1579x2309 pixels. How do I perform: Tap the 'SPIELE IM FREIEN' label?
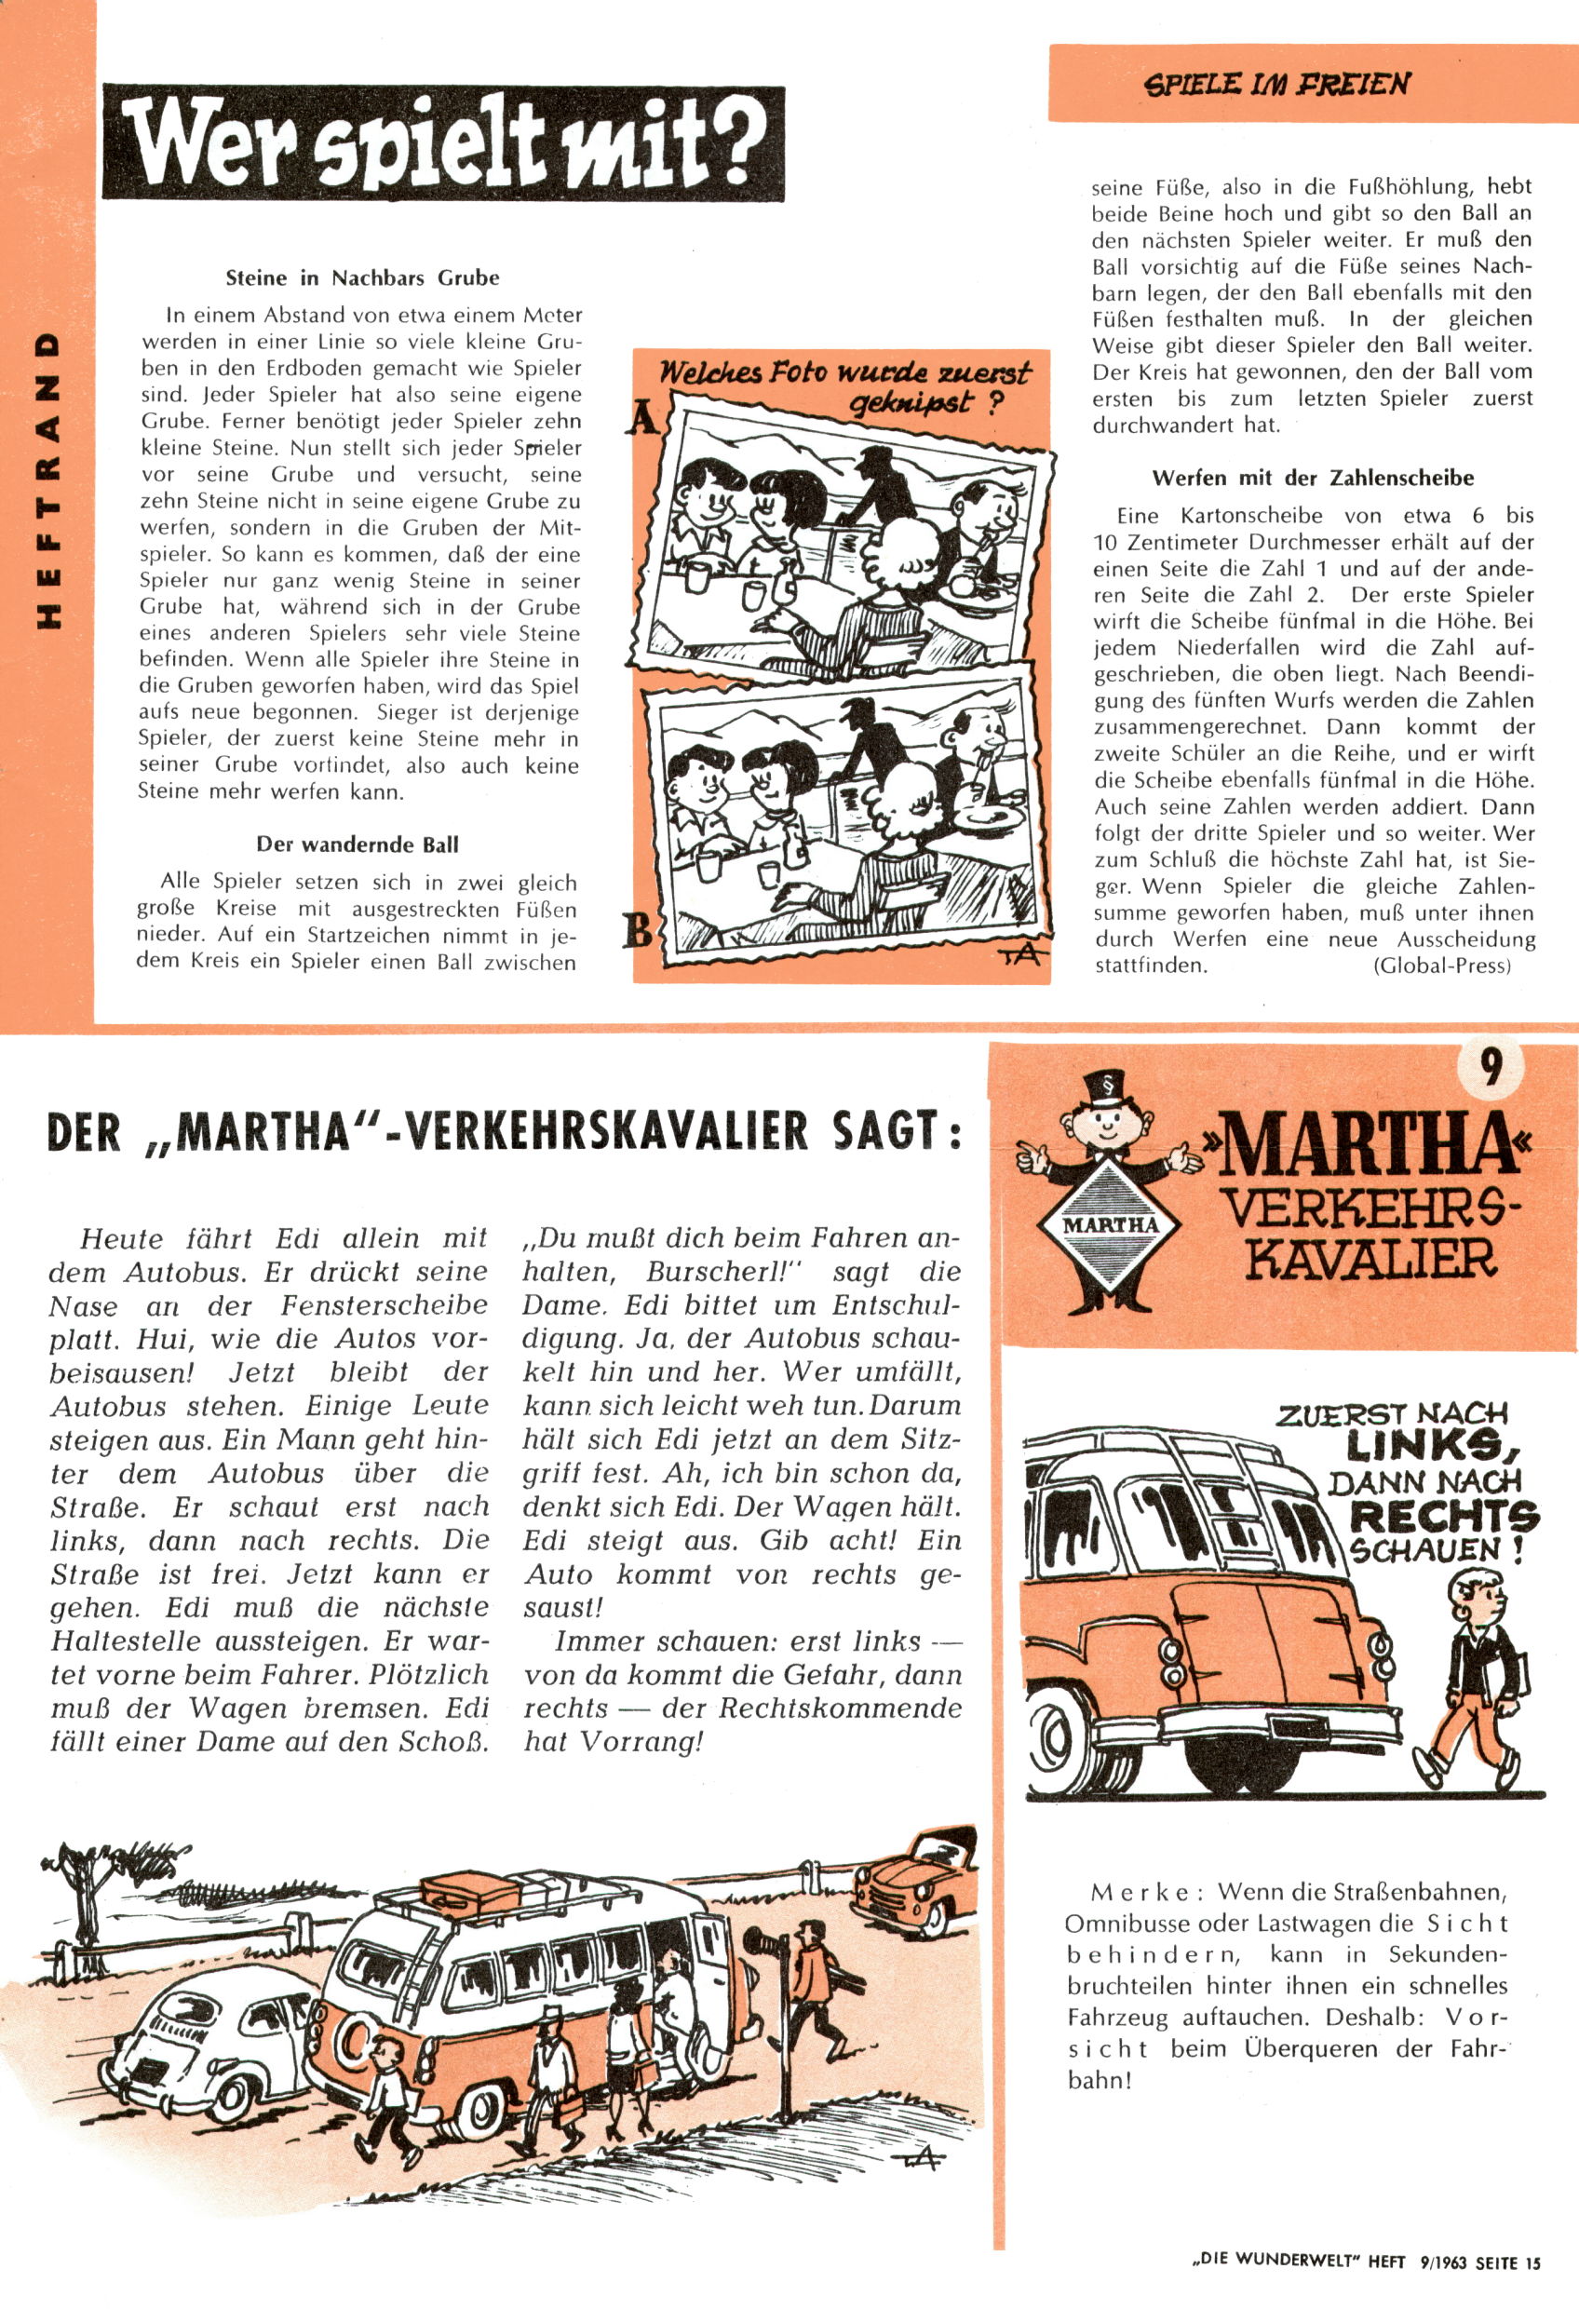1278,84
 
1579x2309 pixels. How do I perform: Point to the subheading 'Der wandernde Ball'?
358,844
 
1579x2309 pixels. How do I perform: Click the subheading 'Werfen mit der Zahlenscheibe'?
1313,478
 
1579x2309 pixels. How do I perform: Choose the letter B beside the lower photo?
639,931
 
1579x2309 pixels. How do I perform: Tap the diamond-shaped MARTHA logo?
1110,1223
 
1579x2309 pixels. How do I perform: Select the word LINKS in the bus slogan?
1428,1445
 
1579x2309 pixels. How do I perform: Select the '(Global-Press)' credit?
1441,965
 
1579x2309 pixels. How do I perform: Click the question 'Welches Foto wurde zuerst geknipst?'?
844,386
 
